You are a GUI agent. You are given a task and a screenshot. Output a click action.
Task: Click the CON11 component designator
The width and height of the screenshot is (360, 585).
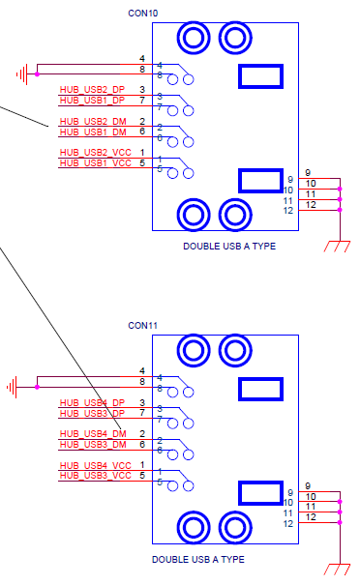143,326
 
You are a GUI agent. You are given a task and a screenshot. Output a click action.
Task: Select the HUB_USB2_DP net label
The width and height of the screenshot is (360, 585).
92,90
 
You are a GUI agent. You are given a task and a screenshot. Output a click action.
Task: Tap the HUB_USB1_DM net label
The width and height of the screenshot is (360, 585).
93,132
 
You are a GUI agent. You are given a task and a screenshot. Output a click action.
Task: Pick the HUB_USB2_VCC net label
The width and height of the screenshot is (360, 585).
95,153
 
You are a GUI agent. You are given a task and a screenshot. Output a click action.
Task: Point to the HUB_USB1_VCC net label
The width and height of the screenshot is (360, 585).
95,163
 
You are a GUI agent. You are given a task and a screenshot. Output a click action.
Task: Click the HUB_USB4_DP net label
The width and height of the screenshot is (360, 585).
92,402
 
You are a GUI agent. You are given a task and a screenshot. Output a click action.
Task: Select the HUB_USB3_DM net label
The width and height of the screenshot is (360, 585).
93,445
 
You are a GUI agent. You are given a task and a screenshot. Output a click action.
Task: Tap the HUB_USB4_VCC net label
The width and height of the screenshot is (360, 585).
95,465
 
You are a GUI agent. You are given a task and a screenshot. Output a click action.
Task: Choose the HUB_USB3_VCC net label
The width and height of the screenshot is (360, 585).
95,476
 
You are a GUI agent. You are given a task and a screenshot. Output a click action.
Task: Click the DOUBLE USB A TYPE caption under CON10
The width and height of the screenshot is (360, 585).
229,247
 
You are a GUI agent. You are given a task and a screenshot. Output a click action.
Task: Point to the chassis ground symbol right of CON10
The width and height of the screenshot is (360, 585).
337,247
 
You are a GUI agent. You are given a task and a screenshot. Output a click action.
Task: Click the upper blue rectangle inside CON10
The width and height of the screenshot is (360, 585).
260,76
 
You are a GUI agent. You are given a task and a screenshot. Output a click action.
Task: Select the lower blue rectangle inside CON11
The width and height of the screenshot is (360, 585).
260,492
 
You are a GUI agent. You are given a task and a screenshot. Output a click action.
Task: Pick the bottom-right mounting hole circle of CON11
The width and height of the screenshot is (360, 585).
233,527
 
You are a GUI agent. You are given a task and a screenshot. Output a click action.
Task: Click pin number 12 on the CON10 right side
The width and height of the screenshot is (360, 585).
288,210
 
